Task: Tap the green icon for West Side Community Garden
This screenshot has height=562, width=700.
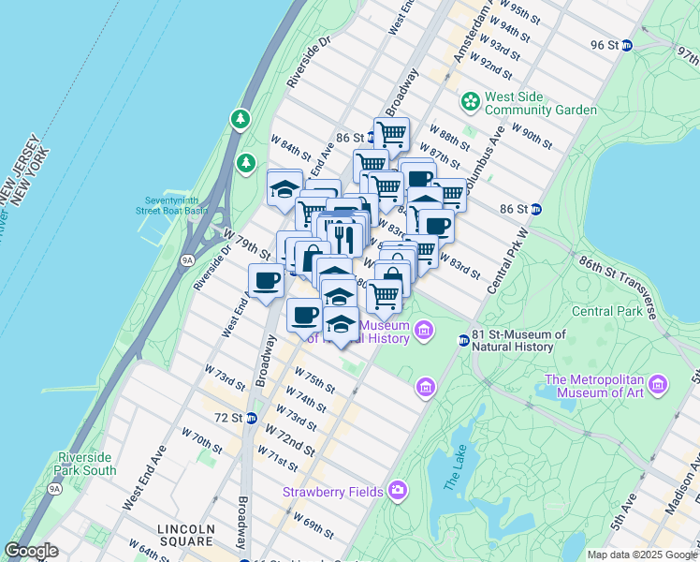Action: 470,99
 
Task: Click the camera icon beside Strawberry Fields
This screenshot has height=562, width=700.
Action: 398,489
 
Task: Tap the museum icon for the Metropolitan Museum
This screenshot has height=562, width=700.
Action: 658,385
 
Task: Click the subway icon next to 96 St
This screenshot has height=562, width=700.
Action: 627,45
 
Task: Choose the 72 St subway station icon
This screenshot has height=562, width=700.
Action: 251,418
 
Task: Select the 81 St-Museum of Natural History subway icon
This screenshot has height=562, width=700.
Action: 463,340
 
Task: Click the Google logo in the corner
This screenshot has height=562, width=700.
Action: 32,550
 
